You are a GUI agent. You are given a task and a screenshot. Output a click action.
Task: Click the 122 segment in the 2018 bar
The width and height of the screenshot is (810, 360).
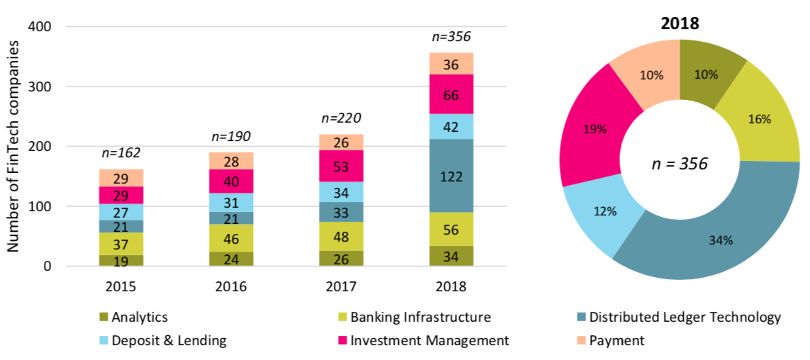451,176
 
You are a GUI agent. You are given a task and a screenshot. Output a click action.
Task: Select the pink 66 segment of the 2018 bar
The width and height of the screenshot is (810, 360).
451,94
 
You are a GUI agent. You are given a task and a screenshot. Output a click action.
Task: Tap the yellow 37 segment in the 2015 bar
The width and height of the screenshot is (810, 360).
121,244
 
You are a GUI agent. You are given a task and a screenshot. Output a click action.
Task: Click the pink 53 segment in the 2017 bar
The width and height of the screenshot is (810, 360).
341,167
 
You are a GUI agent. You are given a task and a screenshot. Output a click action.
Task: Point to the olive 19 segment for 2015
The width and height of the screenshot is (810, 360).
121,261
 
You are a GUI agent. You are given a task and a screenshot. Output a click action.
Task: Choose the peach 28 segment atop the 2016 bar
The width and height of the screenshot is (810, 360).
231,161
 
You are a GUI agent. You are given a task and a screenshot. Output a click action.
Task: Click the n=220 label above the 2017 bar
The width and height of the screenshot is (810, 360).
341,118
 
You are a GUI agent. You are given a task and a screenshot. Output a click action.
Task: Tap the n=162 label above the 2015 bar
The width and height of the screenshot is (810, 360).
121,153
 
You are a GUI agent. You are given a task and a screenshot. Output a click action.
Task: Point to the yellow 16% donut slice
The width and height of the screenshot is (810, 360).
760,119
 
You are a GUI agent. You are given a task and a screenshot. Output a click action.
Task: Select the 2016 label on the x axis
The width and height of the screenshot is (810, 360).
231,286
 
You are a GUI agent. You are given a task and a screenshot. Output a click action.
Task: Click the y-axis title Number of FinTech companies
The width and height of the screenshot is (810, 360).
13,147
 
